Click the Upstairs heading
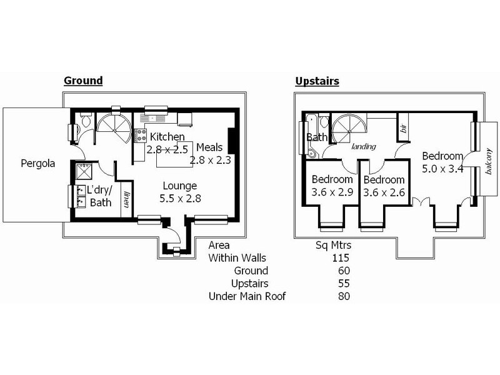(316, 81)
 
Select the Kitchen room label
(166, 136)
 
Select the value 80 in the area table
(342, 296)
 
